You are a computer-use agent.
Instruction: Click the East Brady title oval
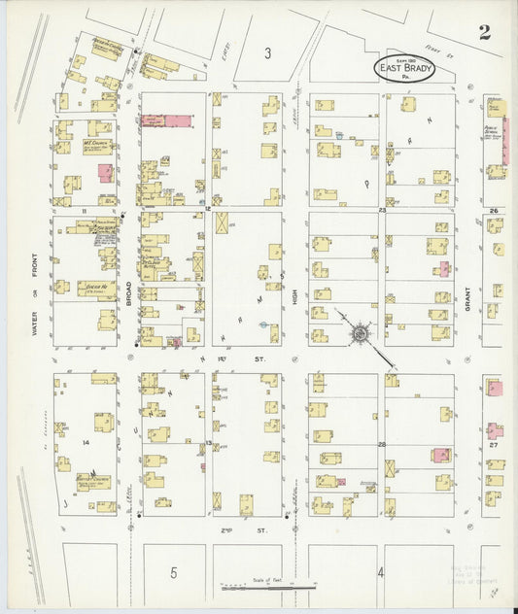pyautogui.click(x=403, y=68)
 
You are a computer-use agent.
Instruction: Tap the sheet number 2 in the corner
pyautogui.click(x=484, y=33)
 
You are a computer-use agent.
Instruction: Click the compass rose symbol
pyautogui.click(x=361, y=333)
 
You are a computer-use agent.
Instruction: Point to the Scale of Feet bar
pyautogui.click(x=267, y=587)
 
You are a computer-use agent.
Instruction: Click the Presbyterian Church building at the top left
pyautogui.click(x=105, y=47)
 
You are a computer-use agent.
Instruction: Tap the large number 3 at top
pyautogui.click(x=266, y=53)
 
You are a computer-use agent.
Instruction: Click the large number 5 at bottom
pyautogui.click(x=172, y=572)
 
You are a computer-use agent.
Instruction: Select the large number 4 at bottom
pyautogui.click(x=380, y=572)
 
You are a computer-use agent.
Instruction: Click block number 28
pyautogui.click(x=382, y=444)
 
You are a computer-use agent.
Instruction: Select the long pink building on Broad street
pyautogui.click(x=167, y=120)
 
